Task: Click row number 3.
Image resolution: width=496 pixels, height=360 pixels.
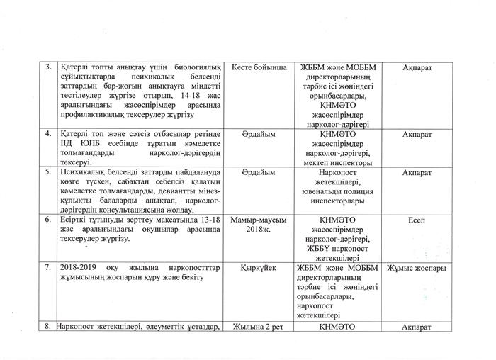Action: coord(48,68)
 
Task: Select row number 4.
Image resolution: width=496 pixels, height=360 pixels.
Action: coord(48,133)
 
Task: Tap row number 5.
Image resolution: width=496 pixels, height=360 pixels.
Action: coord(48,171)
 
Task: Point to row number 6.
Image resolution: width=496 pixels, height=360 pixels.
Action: coord(48,220)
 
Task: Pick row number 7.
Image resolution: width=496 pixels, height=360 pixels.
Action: coord(48,269)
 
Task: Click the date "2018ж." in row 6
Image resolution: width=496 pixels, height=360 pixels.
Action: coord(258,230)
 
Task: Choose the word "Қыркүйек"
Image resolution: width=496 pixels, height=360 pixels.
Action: coord(258,269)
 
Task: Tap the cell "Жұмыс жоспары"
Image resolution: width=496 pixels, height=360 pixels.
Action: coord(417,269)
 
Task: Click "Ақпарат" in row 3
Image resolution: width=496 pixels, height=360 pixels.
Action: coord(417,68)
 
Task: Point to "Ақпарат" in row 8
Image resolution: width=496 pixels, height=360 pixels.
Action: coord(417,327)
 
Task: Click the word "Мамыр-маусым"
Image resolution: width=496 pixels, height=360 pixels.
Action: coord(258,220)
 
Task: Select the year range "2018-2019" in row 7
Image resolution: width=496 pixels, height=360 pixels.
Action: coord(79,269)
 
